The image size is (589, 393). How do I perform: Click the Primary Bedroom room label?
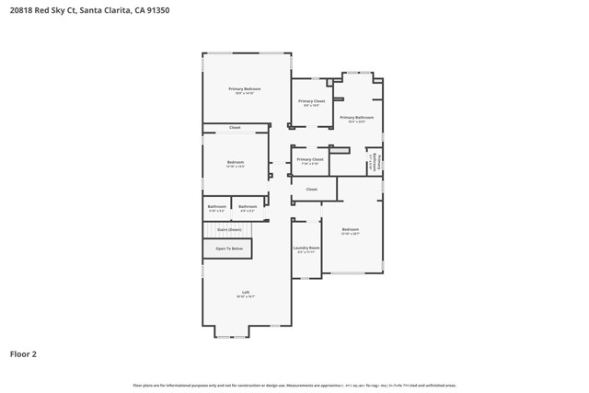tap(246, 88)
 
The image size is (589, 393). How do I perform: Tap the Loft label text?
tap(246, 292)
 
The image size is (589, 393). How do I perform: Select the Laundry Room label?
tap(306, 248)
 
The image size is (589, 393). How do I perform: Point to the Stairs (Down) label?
tap(229, 229)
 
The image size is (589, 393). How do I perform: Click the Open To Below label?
tap(229, 249)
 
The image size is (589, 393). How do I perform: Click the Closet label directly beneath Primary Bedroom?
tap(235, 128)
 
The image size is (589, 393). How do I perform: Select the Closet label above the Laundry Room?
tap(311, 190)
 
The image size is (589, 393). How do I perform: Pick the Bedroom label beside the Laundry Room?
tap(350, 229)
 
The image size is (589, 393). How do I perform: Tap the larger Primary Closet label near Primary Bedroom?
tap(311, 101)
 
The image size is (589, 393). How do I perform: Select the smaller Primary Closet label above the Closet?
tap(309, 159)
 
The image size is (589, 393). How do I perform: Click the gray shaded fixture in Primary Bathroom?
tap(340, 149)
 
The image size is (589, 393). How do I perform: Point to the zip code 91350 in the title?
tap(155, 10)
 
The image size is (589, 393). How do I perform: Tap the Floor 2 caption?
tap(23, 353)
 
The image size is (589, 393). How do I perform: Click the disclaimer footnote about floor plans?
tap(294, 385)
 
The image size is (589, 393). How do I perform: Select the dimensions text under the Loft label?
tap(246, 296)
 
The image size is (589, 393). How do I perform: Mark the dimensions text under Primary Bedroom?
tap(246, 93)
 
